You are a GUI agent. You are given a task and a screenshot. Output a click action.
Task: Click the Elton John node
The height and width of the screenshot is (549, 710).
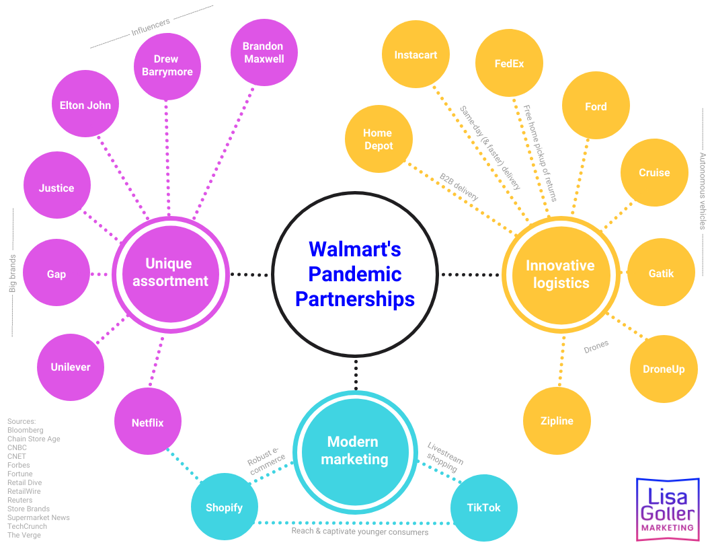[x=85, y=105]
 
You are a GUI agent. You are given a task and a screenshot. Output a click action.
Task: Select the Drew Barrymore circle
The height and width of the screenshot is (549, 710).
[x=167, y=65]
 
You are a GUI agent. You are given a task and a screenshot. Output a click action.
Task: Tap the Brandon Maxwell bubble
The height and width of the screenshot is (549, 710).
[x=264, y=52]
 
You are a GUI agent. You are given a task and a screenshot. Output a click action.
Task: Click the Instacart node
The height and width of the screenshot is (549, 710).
[x=416, y=55]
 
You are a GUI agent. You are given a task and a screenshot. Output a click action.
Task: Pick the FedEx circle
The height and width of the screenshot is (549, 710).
[x=509, y=64]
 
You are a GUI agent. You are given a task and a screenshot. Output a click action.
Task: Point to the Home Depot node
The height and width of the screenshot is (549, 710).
[x=378, y=139]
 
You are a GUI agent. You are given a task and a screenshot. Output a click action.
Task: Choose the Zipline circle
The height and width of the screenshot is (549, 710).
[x=557, y=421]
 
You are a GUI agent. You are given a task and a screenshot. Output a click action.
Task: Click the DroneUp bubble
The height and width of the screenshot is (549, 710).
[x=664, y=369]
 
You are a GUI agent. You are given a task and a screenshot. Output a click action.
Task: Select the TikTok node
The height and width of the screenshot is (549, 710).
[x=483, y=508]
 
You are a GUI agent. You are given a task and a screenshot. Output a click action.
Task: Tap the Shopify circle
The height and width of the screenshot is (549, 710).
[x=224, y=508]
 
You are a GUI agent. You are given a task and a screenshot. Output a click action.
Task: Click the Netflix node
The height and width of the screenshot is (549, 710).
[x=147, y=423]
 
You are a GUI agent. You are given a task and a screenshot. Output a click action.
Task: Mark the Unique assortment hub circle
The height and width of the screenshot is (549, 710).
[x=171, y=272]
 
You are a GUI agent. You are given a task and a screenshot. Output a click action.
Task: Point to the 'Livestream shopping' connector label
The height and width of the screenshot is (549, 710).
[x=445, y=457]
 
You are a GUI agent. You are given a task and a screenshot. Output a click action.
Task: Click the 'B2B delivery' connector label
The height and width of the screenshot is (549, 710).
[x=459, y=187]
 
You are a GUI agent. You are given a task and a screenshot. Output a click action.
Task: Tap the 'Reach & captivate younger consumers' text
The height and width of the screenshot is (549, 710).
[x=360, y=532]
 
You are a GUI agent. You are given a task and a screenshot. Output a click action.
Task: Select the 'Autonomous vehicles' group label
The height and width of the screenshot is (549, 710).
[x=703, y=191]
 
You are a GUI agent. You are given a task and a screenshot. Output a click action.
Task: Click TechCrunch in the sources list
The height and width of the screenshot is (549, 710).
[x=27, y=526]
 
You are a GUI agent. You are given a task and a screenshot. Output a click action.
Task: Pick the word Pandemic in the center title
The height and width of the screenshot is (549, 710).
[x=355, y=274]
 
